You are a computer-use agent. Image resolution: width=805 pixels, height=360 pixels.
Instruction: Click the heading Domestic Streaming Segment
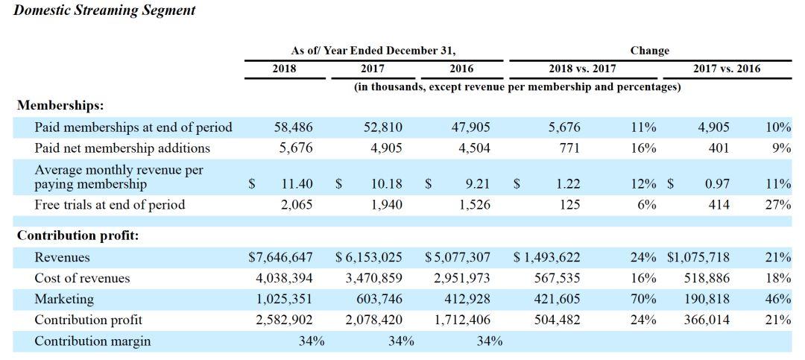(x=104, y=10)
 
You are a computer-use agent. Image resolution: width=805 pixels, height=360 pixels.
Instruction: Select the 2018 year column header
(x=284, y=69)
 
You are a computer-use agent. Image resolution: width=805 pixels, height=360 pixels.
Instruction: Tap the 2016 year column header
(x=461, y=69)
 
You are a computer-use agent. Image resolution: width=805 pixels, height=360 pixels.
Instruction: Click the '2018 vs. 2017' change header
(x=583, y=69)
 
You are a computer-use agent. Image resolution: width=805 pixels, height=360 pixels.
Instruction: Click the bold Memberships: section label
(x=60, y=106)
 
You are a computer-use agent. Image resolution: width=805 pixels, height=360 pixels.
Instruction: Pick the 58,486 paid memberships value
(x=293, y=127)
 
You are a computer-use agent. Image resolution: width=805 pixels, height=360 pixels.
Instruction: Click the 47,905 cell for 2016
(x=471, y=127)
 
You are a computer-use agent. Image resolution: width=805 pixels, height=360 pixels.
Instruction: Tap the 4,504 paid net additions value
(x=474, y=148)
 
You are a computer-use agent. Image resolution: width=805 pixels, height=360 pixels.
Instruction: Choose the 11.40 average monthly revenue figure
(x=297, y=184)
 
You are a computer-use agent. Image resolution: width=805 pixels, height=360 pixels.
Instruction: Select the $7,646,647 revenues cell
(x=280, y=257)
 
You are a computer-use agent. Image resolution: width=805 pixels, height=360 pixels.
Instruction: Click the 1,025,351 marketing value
(x=284, y=299)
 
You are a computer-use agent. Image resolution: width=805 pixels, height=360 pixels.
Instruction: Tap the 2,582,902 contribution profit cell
(x=284, y=320)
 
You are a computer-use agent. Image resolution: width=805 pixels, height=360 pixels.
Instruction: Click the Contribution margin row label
(x=92, y=341)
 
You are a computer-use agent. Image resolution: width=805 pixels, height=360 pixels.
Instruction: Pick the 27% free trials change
(x=778, y=205)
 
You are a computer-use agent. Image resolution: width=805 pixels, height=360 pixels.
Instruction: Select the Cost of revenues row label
(x=82, y=278)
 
